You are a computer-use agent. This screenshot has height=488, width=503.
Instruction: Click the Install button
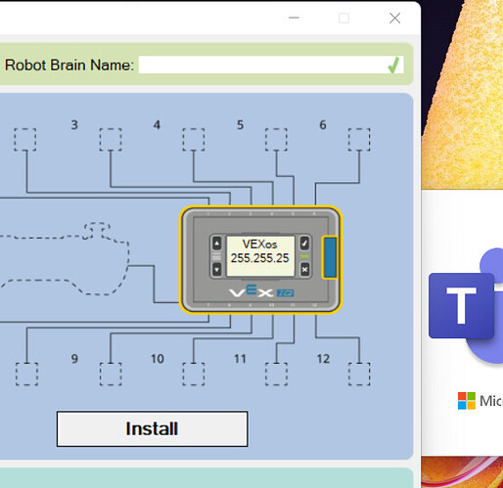153,428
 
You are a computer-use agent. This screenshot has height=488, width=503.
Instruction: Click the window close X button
394,19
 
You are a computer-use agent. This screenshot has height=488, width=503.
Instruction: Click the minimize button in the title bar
294,18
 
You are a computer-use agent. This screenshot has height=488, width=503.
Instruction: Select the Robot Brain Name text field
262,65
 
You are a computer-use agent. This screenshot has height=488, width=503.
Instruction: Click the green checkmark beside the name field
393,65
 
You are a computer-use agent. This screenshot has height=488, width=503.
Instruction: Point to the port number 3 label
74,125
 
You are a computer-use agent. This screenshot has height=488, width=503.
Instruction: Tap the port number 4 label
157,125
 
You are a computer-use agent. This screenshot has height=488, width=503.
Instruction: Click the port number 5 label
240,125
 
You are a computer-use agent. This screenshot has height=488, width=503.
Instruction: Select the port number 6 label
323,125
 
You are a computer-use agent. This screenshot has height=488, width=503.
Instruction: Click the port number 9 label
74,359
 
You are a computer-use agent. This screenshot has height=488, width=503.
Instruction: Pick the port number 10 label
158,359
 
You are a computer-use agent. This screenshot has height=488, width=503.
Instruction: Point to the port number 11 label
240,359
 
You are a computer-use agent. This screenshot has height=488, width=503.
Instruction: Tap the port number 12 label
323,359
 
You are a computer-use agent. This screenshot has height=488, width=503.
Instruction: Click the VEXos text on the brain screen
259,244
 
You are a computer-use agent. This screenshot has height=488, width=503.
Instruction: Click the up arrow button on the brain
217,244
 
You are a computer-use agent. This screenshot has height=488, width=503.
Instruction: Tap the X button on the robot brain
304,270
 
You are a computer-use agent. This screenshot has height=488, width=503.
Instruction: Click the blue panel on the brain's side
330,257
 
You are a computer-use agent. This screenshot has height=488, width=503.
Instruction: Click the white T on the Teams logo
461,305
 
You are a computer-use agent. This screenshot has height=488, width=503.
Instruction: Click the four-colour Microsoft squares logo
467,401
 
